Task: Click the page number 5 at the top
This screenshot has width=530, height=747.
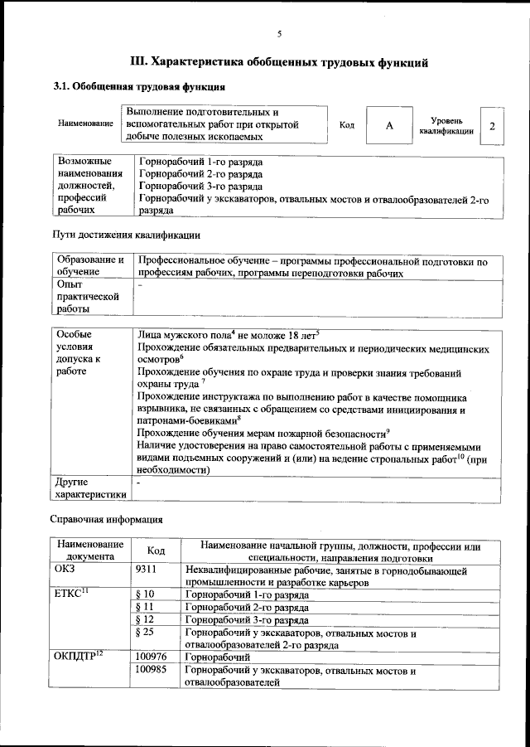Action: point(279,34)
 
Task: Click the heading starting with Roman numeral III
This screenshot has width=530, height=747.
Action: point(280,61)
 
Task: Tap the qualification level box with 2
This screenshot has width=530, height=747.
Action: point(492,125)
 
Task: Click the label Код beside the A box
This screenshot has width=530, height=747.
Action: point(347,125)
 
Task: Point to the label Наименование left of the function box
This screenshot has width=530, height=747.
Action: point(86,124)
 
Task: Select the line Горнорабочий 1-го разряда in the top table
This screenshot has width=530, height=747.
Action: point(189,162)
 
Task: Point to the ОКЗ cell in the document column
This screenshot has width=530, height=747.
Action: point(65,571)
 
